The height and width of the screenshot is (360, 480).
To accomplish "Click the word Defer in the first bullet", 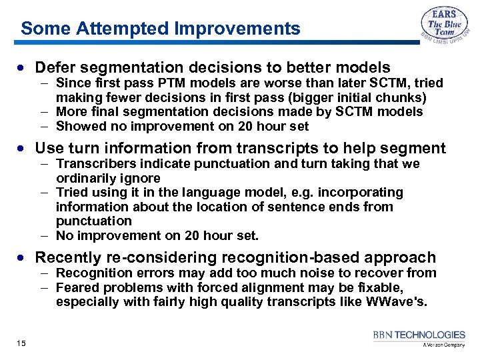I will click(55, 67).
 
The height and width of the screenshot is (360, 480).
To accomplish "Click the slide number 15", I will click(21, 343).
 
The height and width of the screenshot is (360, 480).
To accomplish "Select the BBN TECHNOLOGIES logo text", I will click(419, 335).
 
